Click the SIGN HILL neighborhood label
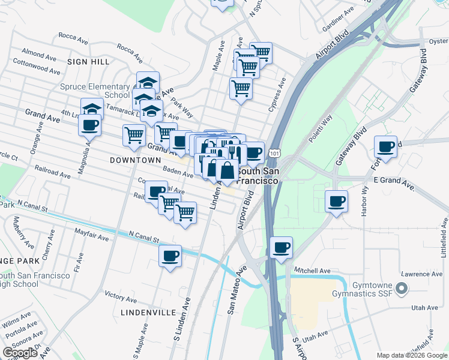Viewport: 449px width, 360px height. tap(88, 62)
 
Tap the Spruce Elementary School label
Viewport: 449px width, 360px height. tap(95, 91)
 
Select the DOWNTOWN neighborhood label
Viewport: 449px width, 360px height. tap(136, 160)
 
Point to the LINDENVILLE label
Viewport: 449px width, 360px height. tap(148, 313)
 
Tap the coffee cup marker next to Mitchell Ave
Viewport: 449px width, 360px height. tap(281, 247)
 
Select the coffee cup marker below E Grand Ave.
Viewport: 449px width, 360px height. tap(337, 200)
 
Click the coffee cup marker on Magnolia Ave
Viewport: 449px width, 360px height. tap(89, 125)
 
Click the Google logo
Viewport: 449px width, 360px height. tap(20, 353)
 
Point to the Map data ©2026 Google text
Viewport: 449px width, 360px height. tap(411, 355)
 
